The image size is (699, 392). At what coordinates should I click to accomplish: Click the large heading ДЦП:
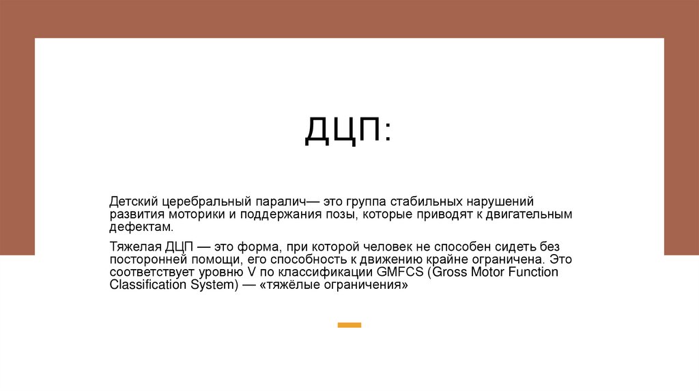point(348,130)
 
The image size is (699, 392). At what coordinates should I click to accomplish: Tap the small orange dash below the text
point(349,325)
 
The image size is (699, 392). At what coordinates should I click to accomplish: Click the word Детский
point(134,202)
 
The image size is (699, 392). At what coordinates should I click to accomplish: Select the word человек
point(380,248)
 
